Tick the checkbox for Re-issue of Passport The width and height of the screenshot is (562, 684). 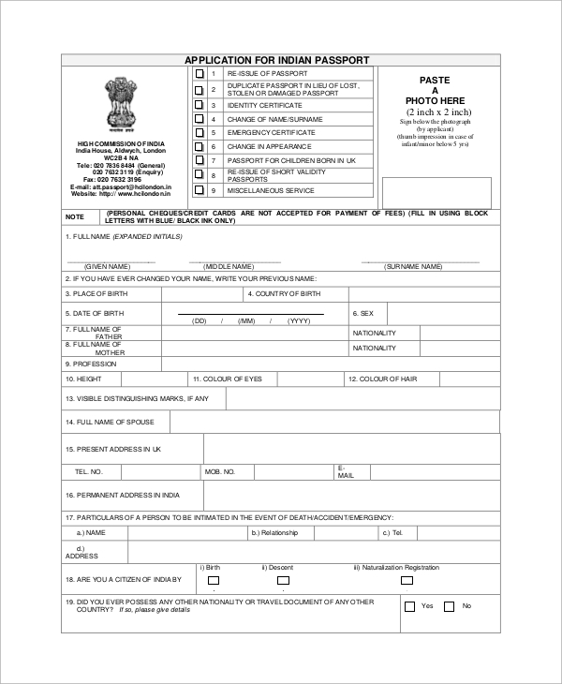tap(199, 73)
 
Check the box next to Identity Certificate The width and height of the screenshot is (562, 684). tap(199, 105)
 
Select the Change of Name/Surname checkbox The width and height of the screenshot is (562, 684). tap(199, 119)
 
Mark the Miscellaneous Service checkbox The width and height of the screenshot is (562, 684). tap(199, 190)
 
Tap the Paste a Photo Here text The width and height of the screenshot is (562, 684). tap(435, 91)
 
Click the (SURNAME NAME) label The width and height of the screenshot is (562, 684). tap(413, 266)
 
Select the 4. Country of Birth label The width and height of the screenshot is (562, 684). tap(284, 293)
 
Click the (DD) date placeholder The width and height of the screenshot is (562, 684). tap(200, 320)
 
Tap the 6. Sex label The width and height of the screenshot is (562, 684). tap(362, 313)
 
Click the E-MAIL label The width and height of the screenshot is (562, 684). tap(346, 471)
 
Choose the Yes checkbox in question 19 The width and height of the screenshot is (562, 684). tap(409, 606)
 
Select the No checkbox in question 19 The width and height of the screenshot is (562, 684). tap(449, 606)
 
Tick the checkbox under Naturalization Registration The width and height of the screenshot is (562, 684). tap(406, 580)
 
